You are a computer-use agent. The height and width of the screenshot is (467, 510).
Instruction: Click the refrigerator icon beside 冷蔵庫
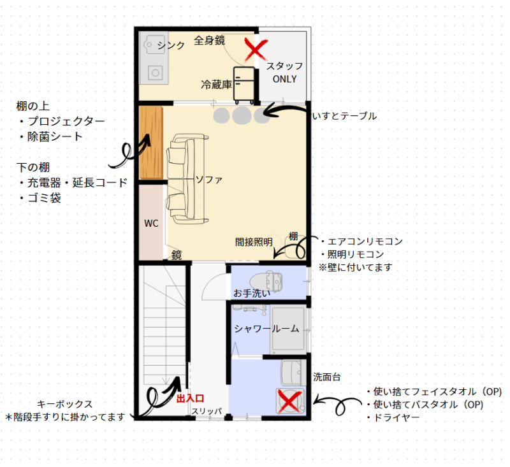[x=244, y=85]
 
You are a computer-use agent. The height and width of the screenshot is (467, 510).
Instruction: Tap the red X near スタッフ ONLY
[x=256, y=50]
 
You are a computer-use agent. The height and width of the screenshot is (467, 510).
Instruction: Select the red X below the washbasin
[x=289, y=401]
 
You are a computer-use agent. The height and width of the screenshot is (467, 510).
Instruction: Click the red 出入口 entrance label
[x=190, y=398]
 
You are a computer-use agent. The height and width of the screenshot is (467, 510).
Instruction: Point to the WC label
[x=151, y=223]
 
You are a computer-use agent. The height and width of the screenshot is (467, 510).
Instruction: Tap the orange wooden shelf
[x=151, y=143]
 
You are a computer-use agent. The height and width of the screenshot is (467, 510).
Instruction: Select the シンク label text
[x=171, y=45]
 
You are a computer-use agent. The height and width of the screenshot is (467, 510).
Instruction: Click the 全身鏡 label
[x=210, y=40]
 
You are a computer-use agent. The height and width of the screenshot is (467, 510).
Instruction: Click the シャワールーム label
[x=266, y=329]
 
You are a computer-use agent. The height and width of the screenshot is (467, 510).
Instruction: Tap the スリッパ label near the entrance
[x=207, y=411]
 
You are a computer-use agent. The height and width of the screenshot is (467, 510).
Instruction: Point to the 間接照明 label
[x=254, y=242]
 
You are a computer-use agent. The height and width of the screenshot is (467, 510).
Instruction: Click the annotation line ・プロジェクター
[x=61, y=121]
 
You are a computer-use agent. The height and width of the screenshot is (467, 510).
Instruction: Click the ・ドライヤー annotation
[x=393, y=417]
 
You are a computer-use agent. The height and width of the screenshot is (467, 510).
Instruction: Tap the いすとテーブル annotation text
[x=344, y=116]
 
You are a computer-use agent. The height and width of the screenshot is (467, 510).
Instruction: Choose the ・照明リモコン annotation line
[x=353, y=254]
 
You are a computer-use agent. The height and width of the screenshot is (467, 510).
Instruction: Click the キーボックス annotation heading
[x=65, y=404]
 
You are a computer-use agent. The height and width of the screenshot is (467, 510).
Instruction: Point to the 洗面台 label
[x=327, y=377]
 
